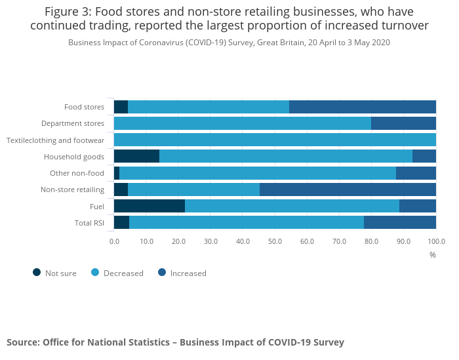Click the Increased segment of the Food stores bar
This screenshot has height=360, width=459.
(x=363, y=107)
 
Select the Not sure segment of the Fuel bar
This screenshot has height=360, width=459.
(x=150, y=206)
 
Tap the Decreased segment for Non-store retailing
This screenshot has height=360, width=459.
(x=193, y=190)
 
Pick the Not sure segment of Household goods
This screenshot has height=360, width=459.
(x=136, y=156)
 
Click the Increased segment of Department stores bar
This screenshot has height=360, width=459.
(x=403, y=123)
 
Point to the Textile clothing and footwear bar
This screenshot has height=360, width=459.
(x=275, y=140)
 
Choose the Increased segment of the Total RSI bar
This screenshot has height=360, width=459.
(x=400, y=222)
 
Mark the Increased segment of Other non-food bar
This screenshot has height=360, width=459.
(x=416, y=173)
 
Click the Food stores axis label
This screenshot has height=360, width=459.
(x=84, y=107)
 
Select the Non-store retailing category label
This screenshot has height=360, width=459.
(x=72, y=190)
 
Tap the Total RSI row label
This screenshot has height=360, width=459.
(x=89, y=223)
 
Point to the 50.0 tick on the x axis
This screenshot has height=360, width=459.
(x=275, y=241)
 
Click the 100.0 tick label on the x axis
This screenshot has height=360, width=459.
(x=435, y=241)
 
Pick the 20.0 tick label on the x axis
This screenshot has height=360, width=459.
(x=178, y=241)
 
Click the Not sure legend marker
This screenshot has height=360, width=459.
(x=37, y=273)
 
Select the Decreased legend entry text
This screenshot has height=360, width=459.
(x=123, y=273)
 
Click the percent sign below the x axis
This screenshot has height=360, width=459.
(x=433, y=254)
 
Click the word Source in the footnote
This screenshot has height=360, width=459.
(x=22, y=342)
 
